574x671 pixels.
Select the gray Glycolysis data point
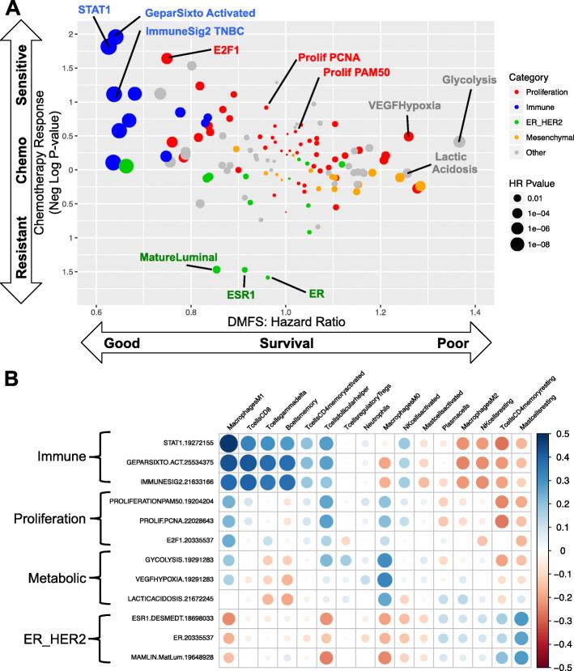pos(460,142)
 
